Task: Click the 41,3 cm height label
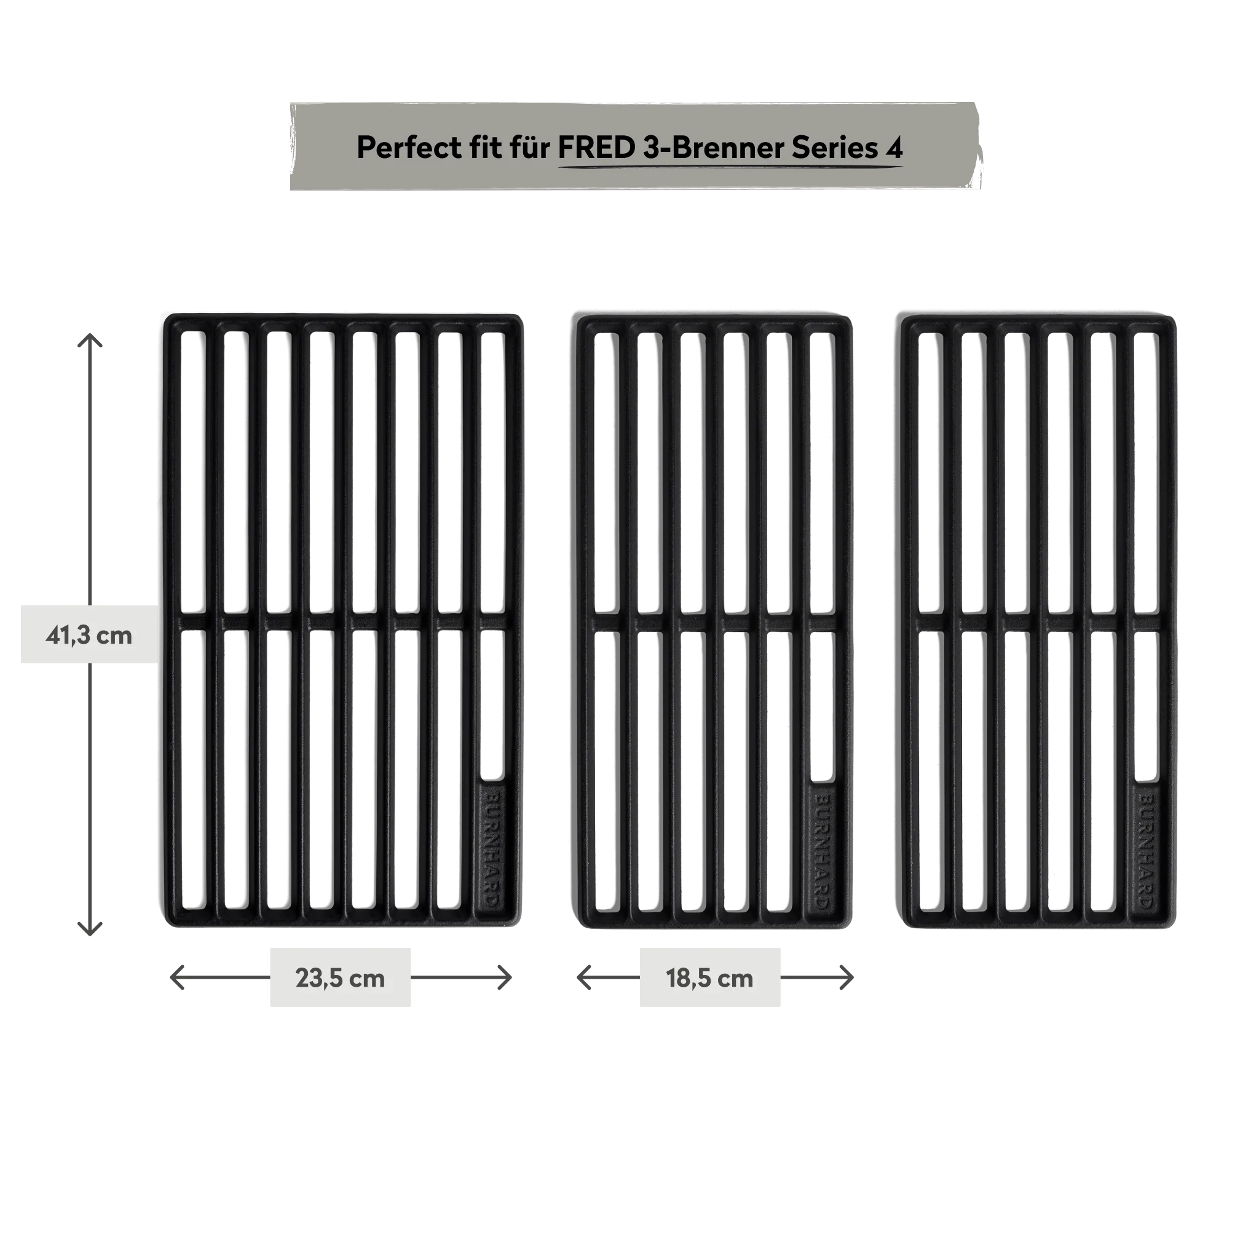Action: point(89,634)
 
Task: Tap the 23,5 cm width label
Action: point(339,977)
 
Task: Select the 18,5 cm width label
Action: point(709,978)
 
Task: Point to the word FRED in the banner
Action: point(596,148)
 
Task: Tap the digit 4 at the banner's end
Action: point(894,149)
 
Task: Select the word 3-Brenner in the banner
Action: point(713,148)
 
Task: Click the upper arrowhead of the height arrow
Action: point(88,339)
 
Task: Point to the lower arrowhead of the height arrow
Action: point(88,929)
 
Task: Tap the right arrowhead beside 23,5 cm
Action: point(507,978)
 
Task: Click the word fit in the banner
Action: point(485,148)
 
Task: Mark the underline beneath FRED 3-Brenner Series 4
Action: point(730,167)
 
